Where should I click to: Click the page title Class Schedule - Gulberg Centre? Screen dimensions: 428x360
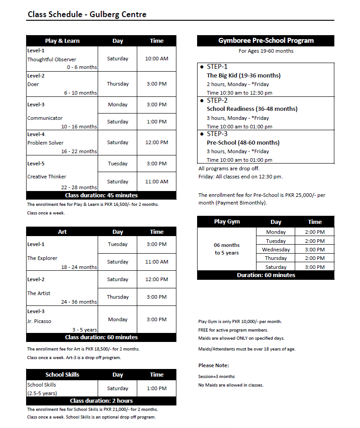pyautogui.click(x=87, y=14)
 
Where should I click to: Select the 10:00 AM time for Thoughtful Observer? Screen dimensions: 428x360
pyautogui.click(x=157, y=59)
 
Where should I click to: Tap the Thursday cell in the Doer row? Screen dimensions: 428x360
pyautogui.click(x=117, y=84)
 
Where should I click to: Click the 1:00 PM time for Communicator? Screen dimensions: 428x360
pyautogui.click(x=157, y=122)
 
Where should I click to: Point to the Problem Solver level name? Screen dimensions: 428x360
pyautogui.click(x=45, y=143)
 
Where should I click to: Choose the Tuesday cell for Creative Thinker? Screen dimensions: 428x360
pyautogui.click(x=117, y=164)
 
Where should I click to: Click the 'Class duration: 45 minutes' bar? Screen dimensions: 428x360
pyautogui.click(x=101, y=196)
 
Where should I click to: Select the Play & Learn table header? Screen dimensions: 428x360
pyautogui.click(x=62, y=41)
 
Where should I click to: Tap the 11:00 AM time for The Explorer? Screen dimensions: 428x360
pyautogui.click(x=157, y=262)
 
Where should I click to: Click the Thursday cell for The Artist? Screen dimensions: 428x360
pyautogui.click(x=117, y=297)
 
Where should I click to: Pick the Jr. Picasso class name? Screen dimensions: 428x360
pyautogui.click(x=39, y=321)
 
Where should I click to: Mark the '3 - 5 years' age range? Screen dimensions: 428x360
pyautogui.click(x=85, y=330)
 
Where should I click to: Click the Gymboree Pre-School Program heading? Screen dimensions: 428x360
pyautogui.click(x=265, y=41)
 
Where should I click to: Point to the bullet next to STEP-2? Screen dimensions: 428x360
pyautogui.click(x=202, y=100)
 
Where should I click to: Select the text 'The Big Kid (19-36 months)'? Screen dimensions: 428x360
pyautogui.click(x=243, y=75)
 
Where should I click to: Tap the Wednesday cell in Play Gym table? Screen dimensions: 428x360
pyautogui.click(x=276, y=250)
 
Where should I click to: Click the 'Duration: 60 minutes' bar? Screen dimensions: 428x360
pyautogui.click(x=265, y=275)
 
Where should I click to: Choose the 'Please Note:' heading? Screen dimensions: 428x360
pyautogui.click(x=213, y=365)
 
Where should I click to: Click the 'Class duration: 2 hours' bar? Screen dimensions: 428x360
pyautogui.click(x=101, y=401)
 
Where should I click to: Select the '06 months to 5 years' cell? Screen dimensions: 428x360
pyautogui.click(x=227, y=249)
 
